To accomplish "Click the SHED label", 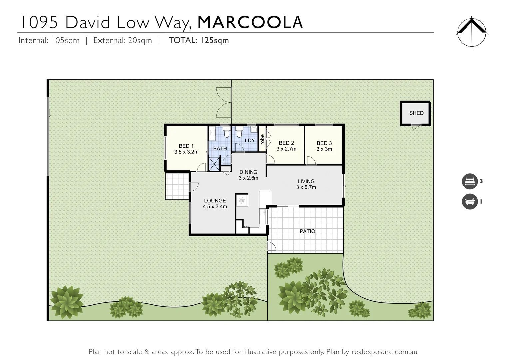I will click(416, 113).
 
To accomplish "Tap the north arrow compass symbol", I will click(472, 33).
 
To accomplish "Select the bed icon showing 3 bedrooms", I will click(470, 181).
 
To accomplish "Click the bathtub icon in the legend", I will click(470, 202).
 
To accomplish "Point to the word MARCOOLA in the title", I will click(250, 22).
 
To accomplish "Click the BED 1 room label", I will click(186, 146).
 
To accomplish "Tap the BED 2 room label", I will click(286, 143).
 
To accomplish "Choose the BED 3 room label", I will click(324, 143).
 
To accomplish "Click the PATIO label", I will click(307, 231).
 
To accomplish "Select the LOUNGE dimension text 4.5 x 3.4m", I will click(215, 207).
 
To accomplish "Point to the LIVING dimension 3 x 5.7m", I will click(306, 187).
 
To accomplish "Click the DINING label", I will click(248, 172).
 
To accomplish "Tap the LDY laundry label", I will click(250, 141).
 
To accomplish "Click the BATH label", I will click(220, 149).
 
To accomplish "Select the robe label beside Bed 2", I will click(262, 139).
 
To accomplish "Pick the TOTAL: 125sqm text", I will click(199, 40).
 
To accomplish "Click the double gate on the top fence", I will click(224, 102).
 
